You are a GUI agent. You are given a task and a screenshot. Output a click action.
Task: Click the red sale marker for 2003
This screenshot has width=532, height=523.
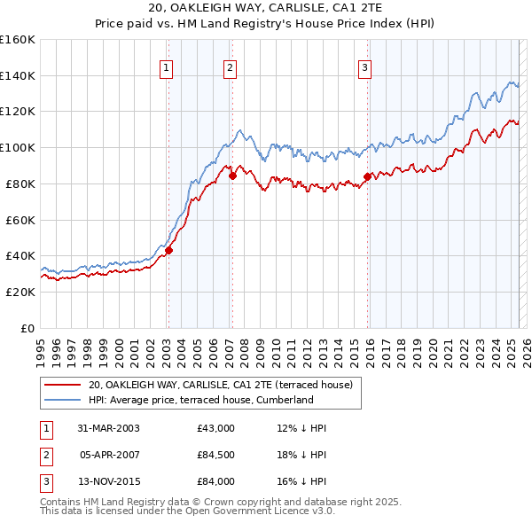pos(168,250)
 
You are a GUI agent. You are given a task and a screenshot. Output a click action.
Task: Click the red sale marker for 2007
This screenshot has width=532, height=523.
pos(231,176)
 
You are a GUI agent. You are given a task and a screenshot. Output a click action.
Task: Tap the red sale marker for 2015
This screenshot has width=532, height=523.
pos(367,176)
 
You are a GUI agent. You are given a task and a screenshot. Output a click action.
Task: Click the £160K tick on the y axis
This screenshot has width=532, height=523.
pos(18,40)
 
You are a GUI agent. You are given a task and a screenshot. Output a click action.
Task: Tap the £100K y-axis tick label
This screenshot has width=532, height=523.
pos(18,147)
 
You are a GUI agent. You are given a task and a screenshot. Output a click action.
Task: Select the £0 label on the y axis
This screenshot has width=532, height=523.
pos(27,328)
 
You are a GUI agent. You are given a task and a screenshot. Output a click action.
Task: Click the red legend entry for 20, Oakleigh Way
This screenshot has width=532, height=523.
pos(221,385)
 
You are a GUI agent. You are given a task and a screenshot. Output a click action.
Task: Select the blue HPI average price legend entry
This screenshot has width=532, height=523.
pos(201,400)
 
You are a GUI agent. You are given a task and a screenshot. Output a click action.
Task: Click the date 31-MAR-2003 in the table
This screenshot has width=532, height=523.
pos(108,428)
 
